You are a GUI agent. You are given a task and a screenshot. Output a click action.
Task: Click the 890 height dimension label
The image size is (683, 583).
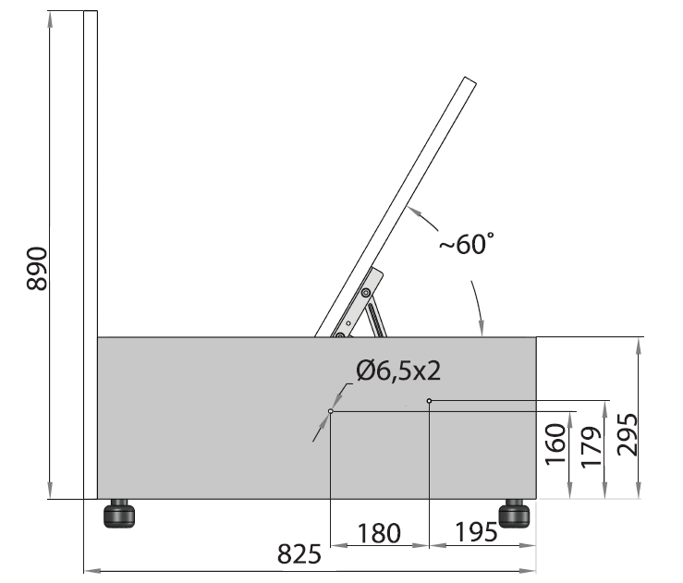(37, 268)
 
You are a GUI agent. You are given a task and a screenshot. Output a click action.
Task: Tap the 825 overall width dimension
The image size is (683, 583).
(299, 553)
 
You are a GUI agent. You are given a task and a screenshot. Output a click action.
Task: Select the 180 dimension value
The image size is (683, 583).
(379, 533)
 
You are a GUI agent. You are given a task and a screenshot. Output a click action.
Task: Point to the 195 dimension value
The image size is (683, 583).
(476, 531)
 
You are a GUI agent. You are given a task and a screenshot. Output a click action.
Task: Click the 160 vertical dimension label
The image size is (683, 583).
(555, 444)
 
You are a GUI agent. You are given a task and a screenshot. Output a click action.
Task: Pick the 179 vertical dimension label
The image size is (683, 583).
(592, 447)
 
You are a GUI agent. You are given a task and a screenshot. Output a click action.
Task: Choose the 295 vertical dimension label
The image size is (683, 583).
(628, 434)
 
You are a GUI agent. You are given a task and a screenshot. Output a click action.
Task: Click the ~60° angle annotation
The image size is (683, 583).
(467, 243)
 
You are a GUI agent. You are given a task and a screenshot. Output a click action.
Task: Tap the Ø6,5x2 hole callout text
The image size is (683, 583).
(398, 371)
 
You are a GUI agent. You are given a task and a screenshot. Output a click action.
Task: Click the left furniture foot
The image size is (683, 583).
(119, 514)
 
